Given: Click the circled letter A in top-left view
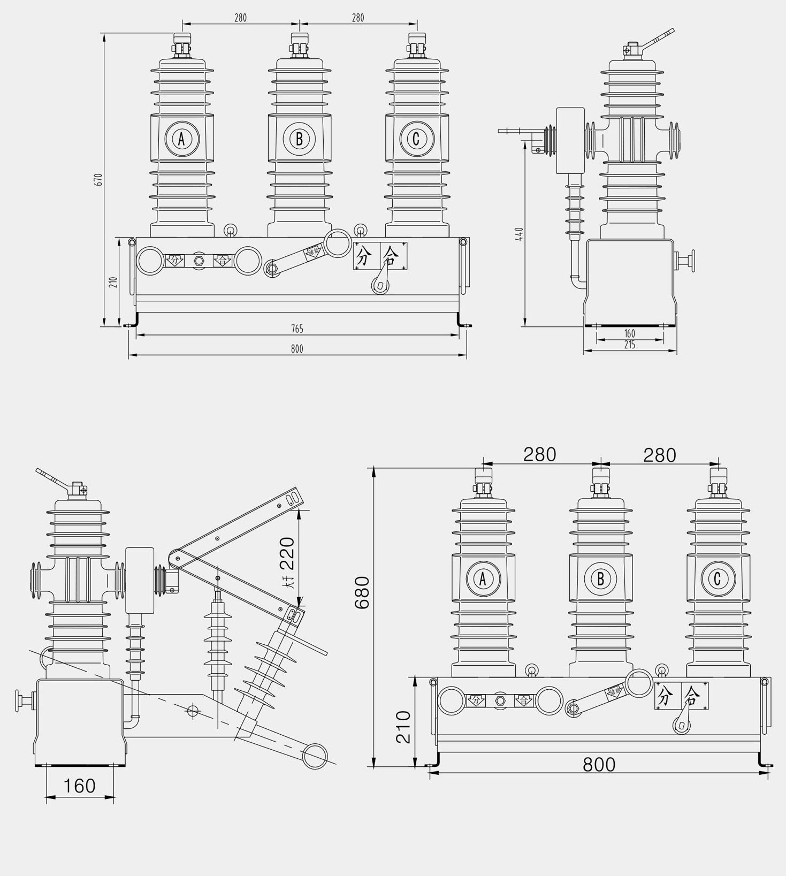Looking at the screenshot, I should (x=182, y=139).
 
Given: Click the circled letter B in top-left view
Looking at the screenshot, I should (x=299, y=139).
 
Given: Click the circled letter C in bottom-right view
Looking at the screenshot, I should (x=718, y=578).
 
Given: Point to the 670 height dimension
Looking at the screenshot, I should (x=98, y=179).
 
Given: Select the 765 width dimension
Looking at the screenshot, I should (x=297, y=328).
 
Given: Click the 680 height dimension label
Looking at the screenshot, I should (x=363, y=592).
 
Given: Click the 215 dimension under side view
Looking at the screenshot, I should (x=630, y=345).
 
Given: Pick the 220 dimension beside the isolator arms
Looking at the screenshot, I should (x=287, y=553).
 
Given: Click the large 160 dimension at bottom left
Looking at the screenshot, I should (x=80, y=786).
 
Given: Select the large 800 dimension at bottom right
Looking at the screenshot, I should (x=599, y=765).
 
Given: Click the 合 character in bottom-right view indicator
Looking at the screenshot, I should (x=691, y=696).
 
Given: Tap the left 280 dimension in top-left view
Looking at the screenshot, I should (x=241, y=18).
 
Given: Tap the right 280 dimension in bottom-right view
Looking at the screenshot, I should (x=659, y=455).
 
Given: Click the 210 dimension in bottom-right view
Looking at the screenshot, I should (x=404, y=727).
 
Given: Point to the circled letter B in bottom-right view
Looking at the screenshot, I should (x=600, y=578).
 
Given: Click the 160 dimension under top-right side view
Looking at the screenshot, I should (x=630, y=334).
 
